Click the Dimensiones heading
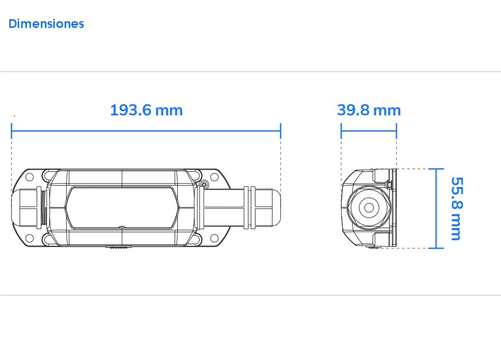tap(47, 24)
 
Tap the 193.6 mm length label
tap(146, 110)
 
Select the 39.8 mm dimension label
tap(369, 110)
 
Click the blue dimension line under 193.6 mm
tap(146, 130)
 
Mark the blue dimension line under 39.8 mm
tap(369, 130)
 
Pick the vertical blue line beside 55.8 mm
tap(436, 208)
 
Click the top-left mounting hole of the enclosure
tap(29, 177)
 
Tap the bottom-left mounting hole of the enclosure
tap(29, 238)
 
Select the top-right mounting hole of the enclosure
tap(215, 177)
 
